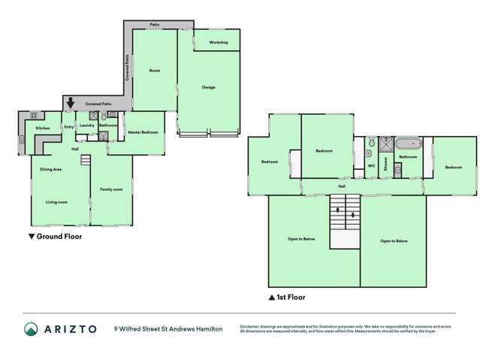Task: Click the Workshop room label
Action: coord(219,42)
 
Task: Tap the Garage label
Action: coord(208,87)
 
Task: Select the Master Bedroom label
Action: coord(143,132)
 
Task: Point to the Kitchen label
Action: coord(43,129)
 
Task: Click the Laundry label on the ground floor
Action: coord(87,125)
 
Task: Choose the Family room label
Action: coord(111,189)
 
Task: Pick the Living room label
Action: coord(57,202)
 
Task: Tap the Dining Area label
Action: coord(51,170)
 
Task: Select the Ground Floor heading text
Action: coord(59,236)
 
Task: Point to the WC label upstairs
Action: coord(371,165)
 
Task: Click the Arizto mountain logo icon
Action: coord(32,328)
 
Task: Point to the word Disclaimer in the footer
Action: coord(252,326)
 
